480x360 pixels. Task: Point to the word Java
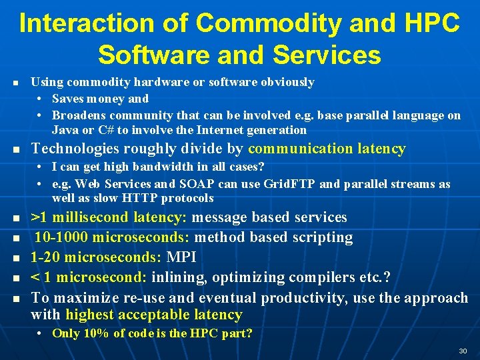click(x=65, y=130)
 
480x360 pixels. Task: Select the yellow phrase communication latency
click(x=327, y=149)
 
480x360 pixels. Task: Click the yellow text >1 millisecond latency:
click(x=110, y=217)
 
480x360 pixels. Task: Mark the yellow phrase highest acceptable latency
click(x=153, y=315)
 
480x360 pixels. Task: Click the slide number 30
click(x=462, y=351)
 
